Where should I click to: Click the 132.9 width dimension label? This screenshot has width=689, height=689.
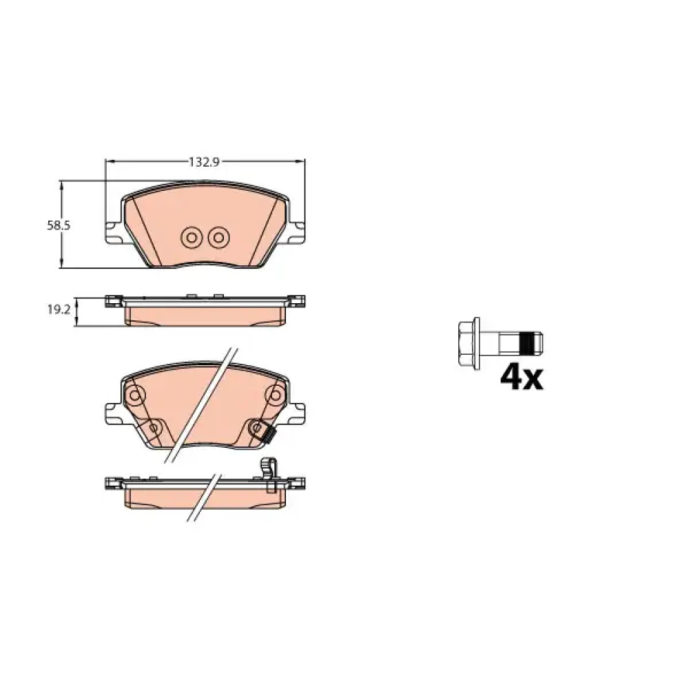(204, 162)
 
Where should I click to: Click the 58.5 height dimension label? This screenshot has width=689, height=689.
(59, 226)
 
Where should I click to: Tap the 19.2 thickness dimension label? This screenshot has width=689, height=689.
(59, 310)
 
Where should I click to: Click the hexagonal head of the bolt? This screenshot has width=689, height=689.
(469, 343)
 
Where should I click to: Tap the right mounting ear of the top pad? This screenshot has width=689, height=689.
(296, 232)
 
